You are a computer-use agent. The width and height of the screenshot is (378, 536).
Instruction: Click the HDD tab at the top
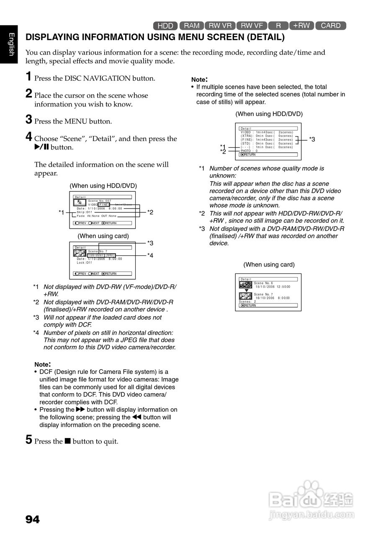[165, 26]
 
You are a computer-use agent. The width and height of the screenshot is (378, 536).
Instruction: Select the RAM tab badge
[192, 26]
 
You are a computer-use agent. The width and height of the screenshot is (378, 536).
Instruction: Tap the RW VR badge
[220, 26]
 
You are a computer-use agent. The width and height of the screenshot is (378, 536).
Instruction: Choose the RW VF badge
[252, 26]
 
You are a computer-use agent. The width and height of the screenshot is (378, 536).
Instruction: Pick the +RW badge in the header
[301, 26]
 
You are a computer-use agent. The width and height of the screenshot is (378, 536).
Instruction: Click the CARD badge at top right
[331, 26]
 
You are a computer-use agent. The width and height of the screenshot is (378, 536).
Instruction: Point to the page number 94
[33, 520]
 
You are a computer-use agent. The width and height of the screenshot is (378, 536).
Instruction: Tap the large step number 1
[28, 77]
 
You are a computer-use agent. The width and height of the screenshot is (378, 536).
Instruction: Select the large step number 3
[28, 120]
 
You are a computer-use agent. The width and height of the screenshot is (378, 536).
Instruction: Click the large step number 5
[28, 440]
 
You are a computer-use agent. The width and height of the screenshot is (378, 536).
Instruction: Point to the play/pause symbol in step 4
[42, 147]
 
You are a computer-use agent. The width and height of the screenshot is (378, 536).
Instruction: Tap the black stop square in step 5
[67, 441]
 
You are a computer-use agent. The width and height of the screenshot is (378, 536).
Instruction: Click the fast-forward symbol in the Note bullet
[80, 410]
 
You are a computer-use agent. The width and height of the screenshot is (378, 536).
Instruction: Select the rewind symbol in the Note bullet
[136, 417]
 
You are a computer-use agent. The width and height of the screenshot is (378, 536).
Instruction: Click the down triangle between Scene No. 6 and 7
[247, 290]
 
